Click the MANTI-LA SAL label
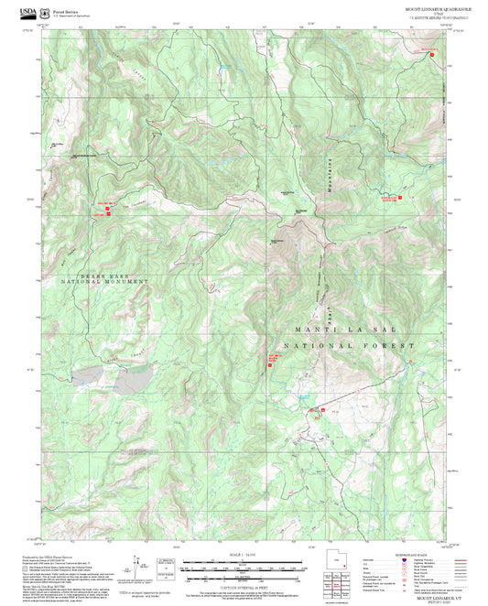tap(352, 328)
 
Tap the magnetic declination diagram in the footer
tap(137, 566)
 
